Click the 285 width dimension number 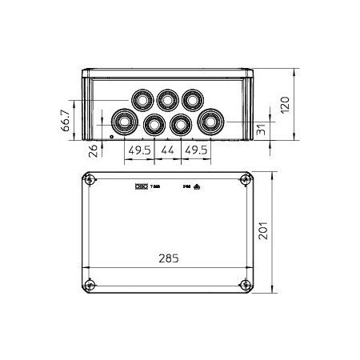pyautogui.click(x=169, y=258)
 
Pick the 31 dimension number pyautogui.click(x=262, y=130)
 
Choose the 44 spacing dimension pyautogui.click(x=168, y=150)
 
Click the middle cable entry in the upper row pyautogui.click(x=167, y=100)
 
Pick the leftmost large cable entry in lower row pyautogui.click(x=124, y=122)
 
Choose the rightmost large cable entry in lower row pyautogui.click(x=212, y=122)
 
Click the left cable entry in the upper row pyautogui.click(x=142, y=100)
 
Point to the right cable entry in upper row pyautogui.click(x=192, y=100)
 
